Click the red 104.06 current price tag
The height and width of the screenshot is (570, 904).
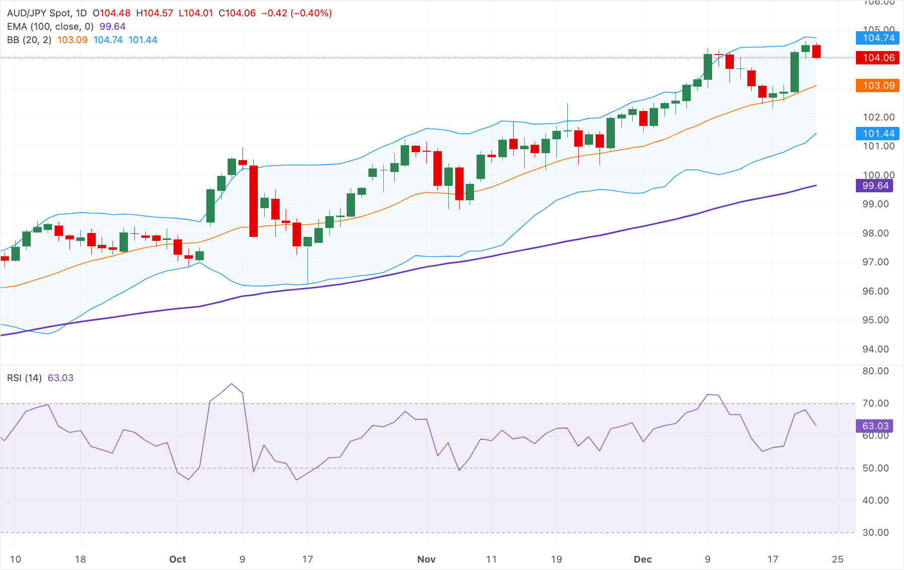pyautogui.click(x=878, y=57)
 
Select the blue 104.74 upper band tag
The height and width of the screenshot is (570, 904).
pyautogui.click(x=878, y=38)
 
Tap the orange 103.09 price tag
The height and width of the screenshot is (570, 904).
pyautogui.click(x=878, y=85)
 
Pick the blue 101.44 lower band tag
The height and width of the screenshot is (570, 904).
pyautogui.click(x=878, y=133)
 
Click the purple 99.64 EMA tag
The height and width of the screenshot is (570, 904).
pyautogui.click(x=875, y=186)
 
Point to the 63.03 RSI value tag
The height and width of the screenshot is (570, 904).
pyautogui.click(x=875, y=426)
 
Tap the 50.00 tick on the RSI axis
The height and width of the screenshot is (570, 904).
pyautogui.click(x=875, y=468)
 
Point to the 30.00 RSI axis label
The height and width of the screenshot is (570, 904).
pyautogui.click(x=875, y=532)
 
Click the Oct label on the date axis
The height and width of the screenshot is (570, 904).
pyautogui.click(x=178, y=559)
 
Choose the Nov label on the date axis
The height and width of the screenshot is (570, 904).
pyautogui.click(x=426, y=559)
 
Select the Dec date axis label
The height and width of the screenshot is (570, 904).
pyautogui.click(x=643, y=559)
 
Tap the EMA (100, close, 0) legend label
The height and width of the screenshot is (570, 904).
pyautogui.click(x=50, y=27)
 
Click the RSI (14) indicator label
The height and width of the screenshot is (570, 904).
pyautogui.click(x=24, y=378)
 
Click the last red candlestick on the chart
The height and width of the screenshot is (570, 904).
pyautogui.click(x=816, y=52)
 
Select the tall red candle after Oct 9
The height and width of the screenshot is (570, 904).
pyautogui.click(x=253, y=201)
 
